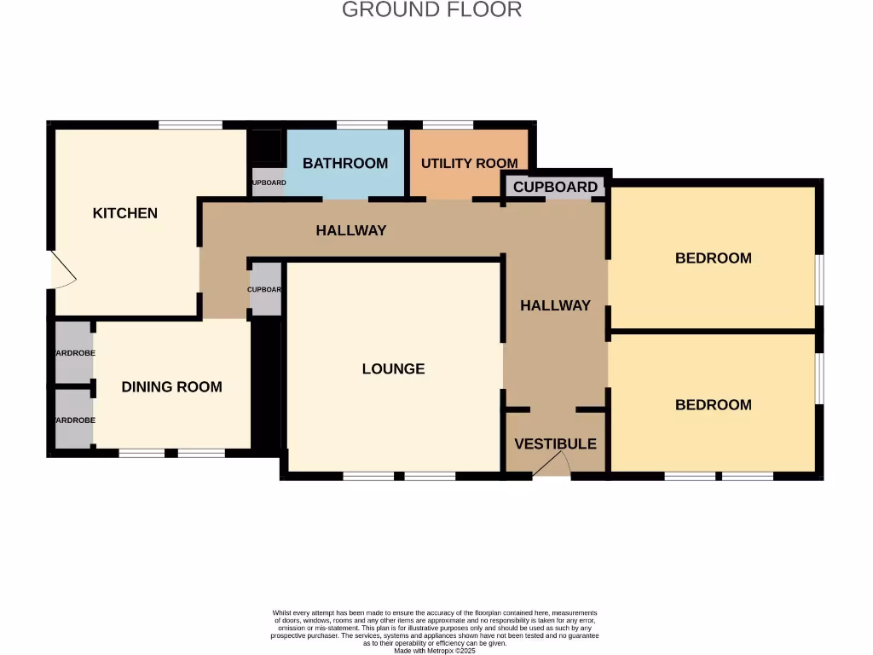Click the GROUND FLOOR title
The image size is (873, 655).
431,10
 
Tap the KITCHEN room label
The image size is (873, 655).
125,213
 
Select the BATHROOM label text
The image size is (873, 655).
345,163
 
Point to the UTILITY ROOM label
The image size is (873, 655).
469,163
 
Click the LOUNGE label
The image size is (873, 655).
393,368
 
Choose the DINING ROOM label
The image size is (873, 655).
171,386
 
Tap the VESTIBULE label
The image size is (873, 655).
555,443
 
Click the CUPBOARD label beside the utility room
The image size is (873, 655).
555,187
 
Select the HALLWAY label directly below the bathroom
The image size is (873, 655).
351,230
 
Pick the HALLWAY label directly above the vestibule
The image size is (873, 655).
555,305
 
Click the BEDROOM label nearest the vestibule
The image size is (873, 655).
714,404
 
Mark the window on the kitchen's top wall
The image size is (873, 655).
190,125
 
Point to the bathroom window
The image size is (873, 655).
361,125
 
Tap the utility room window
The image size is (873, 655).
448,125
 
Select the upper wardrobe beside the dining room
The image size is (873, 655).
74,351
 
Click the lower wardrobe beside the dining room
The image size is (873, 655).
74,419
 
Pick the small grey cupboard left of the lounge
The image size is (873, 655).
265,289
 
